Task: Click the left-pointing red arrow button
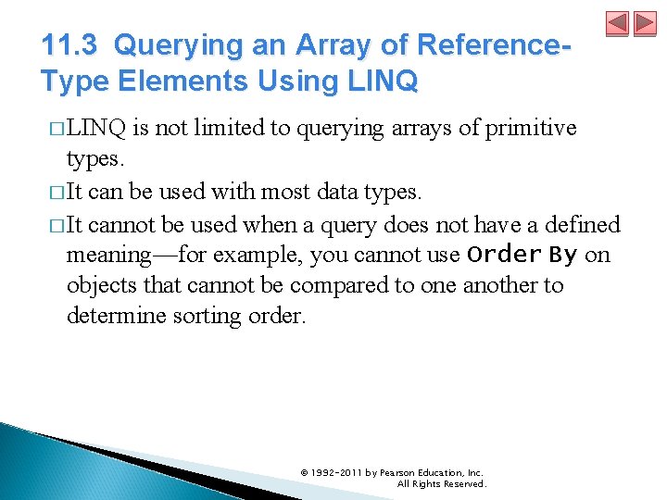click(x=618, y=25)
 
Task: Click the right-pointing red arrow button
click(x=644, y=25)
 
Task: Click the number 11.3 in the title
click(x=72, y=44)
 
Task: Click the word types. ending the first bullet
click(x=94, y=158)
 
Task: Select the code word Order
click(x=504, y=254)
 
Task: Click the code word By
click(x=562, y=254)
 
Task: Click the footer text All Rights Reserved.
click(x=441, y=483)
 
